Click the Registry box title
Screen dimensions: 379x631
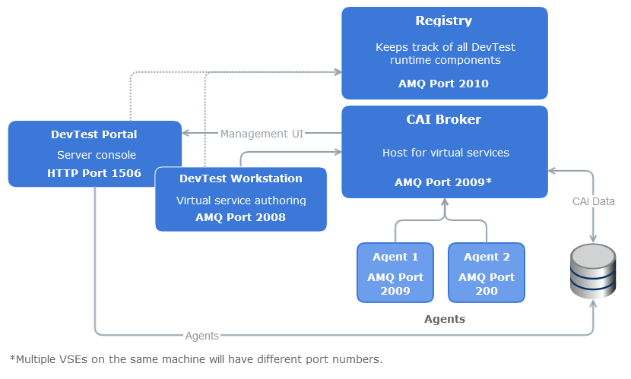[444, 21]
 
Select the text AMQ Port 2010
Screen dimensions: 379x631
[444, 84]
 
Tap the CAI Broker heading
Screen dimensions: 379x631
[444, 120]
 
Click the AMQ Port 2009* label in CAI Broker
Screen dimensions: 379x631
[444, 182]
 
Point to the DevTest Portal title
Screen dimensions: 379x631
[94, 134]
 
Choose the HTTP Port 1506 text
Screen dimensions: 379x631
[94, 173]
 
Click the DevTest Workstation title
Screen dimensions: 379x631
[241, 179]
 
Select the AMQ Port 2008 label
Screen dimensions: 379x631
[241, 217]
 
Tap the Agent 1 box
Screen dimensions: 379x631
[395, 273]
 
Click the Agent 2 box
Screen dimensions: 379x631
[487, 273]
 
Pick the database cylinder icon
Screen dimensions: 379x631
[593, 271]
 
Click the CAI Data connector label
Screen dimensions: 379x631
[594, 201]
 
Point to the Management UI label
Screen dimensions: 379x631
[262, 134]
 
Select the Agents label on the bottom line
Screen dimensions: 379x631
[201, 335]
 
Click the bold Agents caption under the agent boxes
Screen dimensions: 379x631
[444, 319]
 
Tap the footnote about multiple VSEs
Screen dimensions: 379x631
[196, 359]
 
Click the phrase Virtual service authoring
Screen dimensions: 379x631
[241, 201]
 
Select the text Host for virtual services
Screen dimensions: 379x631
[446, 153]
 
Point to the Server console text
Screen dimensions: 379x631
[94, 155]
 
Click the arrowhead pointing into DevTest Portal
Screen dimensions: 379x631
[186, 134]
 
